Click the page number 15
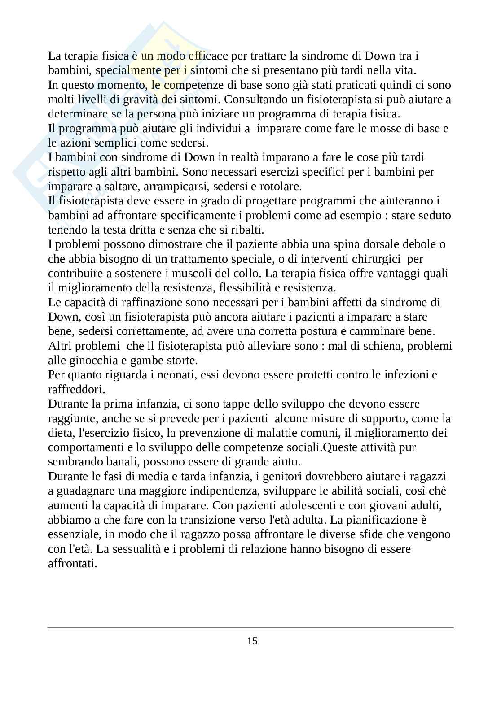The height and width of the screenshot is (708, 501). [252, 641]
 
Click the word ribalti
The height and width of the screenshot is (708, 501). [247, 230]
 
